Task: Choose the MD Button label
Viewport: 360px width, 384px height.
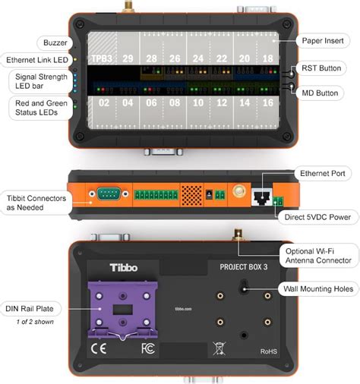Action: click(325, 93)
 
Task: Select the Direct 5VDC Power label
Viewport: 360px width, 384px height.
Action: click(318, 218)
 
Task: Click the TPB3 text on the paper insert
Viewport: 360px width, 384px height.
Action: click(101, 58)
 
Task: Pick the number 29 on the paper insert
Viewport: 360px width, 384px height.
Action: click(127, 58)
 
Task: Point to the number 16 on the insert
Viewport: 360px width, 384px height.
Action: click(267, 102)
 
